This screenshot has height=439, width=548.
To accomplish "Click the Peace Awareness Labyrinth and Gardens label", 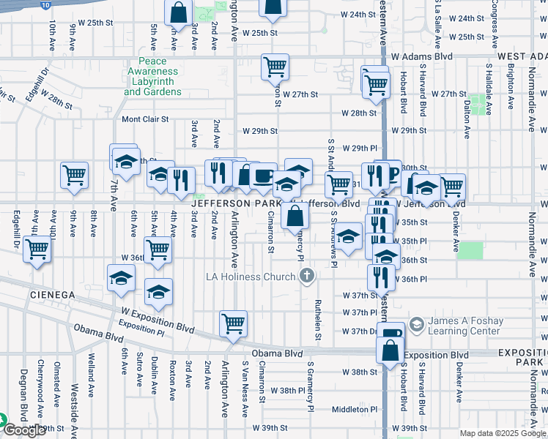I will point(152,77).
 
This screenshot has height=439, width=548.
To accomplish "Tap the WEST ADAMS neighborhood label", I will point(522,56).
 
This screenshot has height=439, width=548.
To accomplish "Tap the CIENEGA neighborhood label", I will point(53,294).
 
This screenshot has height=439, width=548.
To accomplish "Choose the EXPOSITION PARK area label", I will point(522,358).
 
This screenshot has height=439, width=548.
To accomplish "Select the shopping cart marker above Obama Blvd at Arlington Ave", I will point(233,323).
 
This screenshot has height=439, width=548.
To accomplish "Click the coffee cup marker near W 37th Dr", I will point(392,334).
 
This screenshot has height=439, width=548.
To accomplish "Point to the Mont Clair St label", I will point(145,119).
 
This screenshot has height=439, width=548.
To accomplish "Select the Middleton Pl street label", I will point(353,410).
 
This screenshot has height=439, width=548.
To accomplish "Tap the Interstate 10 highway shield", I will point(45,4).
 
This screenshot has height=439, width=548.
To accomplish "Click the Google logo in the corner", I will point(24,430).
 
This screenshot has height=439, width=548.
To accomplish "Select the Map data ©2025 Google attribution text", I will point(503,433).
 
